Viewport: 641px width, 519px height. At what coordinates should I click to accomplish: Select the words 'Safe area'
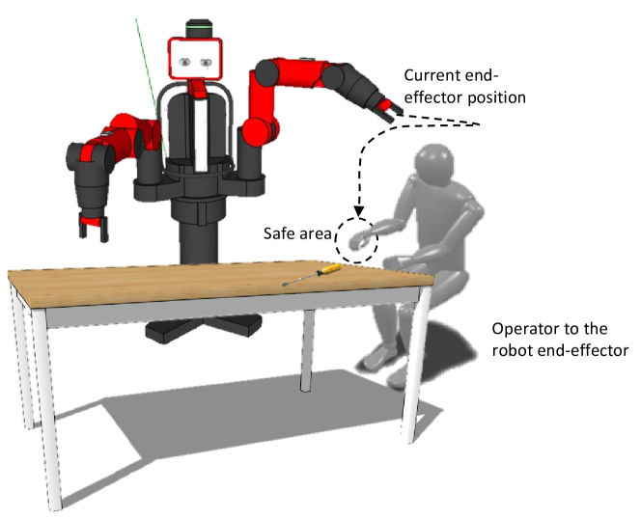[x=297, y=232]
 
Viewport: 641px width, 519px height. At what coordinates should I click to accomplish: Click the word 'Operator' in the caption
[x=522, y=329]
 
